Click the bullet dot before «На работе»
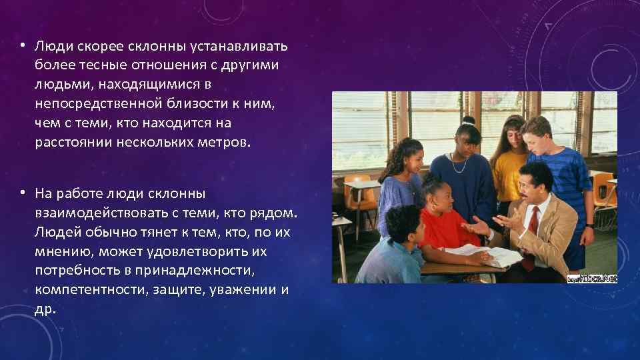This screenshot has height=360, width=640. (22, 193)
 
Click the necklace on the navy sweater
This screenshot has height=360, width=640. (460, 163)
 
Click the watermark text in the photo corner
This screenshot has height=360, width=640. (592, 277)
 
